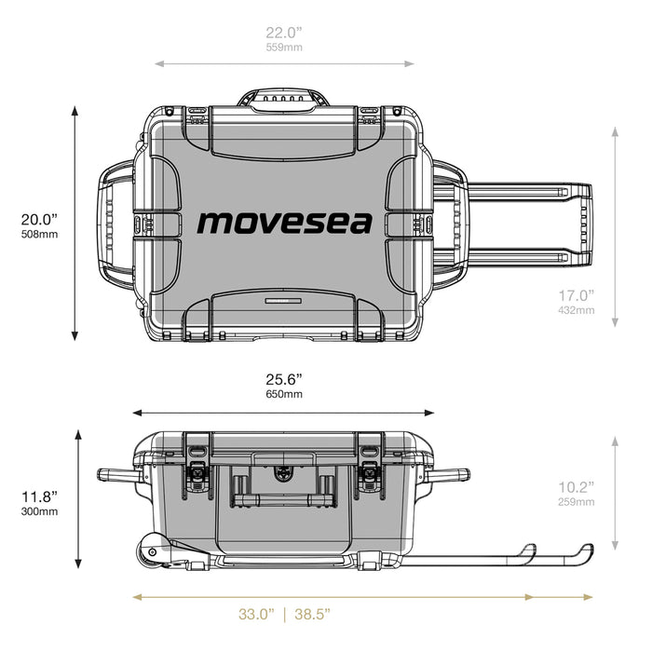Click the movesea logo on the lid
click(284, 223)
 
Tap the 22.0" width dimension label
click(285, 32)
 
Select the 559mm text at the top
click(285, 47)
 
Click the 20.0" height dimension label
click(39, 219)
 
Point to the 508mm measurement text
click(39, 235)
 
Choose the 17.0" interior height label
click(575, 294)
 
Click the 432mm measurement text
click(575, 309)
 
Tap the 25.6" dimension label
click(284, 379)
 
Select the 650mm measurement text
click(284, 394)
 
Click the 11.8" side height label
click(40, 496)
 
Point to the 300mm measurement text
click(40, 511)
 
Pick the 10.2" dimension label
click(575, 486)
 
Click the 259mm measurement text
click(575, 501)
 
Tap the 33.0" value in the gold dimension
click(255, 614)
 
